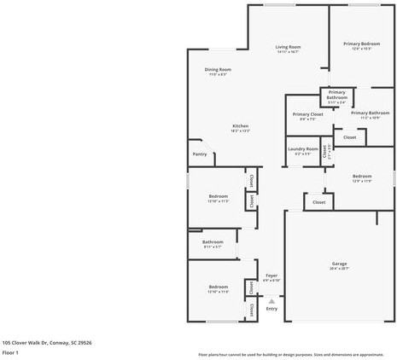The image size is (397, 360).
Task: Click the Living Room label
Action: [x=288, y=47]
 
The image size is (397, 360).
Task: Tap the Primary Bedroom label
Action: [x=361, y=44]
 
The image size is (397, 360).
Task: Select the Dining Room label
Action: [x=218, y=69]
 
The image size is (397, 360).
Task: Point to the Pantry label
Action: [x=199, y=154]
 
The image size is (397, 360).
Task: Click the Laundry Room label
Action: [x=302, y=149]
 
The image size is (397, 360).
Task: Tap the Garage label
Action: [x=339, y=264]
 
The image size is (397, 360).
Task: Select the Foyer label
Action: [x=271, y=275]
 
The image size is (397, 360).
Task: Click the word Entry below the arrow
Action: [x=271, y=309]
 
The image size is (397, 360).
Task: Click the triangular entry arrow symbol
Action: [x=271, y=300]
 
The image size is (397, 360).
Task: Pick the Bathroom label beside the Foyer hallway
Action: [x=213, y=242]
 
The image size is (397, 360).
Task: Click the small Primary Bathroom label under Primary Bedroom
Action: [x=337, y=94]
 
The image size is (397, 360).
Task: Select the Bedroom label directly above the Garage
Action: [x=361, y=177]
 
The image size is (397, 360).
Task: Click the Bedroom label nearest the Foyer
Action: [x=218, y=287]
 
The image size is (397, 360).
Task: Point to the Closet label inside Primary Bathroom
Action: [x=349, y=136]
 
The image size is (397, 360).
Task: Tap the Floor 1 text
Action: [x=10, y=351]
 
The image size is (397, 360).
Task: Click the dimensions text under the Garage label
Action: [x=339, y=269]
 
